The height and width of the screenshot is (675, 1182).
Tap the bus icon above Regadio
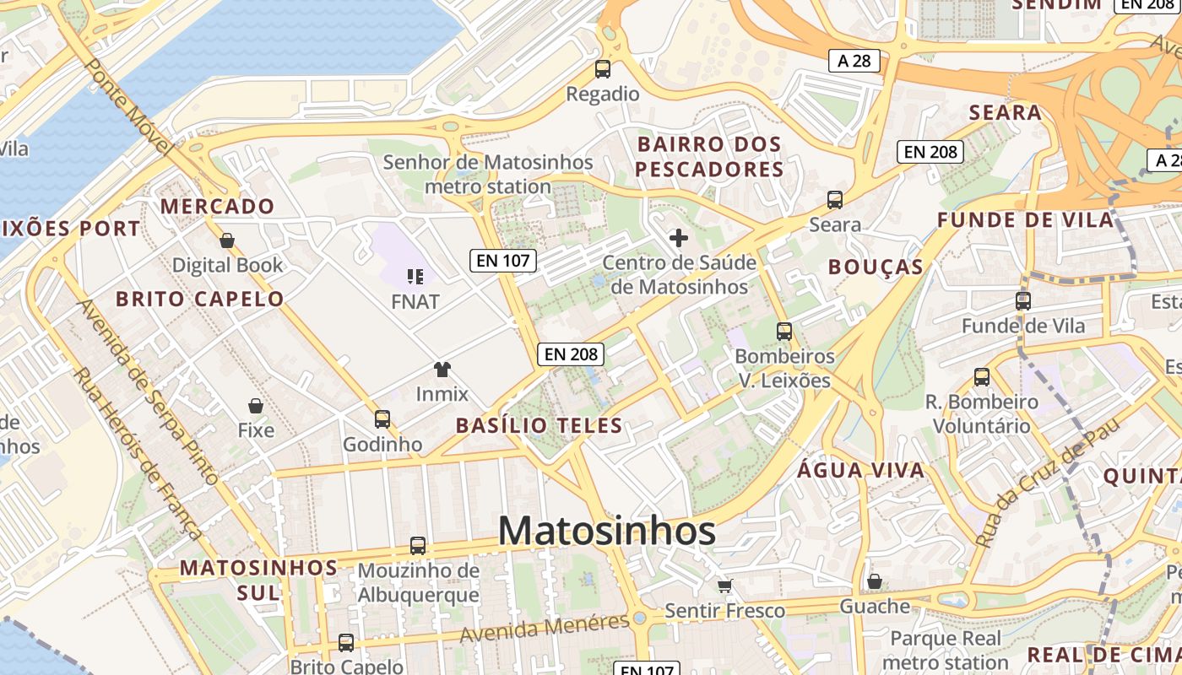tap(603, 69)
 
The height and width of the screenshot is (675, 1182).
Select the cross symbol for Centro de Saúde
tap(678, 238)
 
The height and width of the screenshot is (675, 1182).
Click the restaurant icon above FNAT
tap(415, 276)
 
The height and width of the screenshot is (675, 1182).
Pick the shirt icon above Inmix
tap(442, 369)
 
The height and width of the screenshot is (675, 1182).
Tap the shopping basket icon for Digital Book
tap(226, 241)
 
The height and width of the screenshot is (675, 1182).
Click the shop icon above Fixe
tap(256, 406)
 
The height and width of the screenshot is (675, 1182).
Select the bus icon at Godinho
tap(382, 418)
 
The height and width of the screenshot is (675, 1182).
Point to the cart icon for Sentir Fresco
tap(724, 586)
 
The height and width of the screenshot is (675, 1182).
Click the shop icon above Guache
tap(875, 581)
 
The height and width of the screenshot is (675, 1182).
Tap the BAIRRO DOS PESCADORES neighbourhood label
tap(709, 157)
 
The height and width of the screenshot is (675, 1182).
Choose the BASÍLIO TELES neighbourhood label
tap(539, 425)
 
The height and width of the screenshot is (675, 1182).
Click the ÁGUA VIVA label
tap(860, 470)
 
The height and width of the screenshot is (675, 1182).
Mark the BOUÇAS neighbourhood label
tap(875, 267)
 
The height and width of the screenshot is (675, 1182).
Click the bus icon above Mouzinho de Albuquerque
tap(418, 546)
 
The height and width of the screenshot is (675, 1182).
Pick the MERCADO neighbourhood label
tap(217, 206)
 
